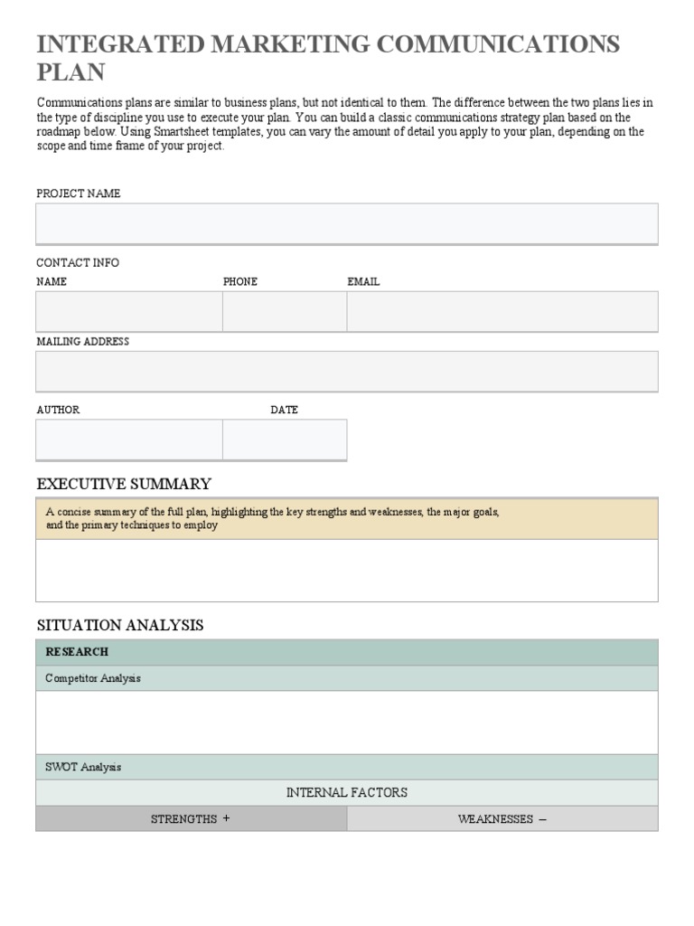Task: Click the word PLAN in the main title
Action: (70, 73)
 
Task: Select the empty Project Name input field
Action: (346, 223)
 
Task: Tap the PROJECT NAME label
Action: (78, 194)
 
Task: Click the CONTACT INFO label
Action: (77, 263)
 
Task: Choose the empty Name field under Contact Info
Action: (129, 312)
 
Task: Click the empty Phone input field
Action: (285, 312)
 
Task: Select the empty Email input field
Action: (502, 312)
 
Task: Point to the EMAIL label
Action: (363, 282)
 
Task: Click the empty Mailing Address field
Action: (346, 372)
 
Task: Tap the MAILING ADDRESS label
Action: (82, 342)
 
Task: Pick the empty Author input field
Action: (129, 439)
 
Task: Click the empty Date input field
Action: (285, 439)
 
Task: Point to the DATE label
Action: (284, 411)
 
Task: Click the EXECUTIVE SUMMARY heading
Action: (124, 484)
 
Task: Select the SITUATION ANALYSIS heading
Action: (119, 626)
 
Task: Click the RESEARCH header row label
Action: (77, 652)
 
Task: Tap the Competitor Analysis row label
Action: (93, 678)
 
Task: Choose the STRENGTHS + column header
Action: (191, 819)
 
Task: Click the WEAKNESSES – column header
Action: (502, 819)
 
